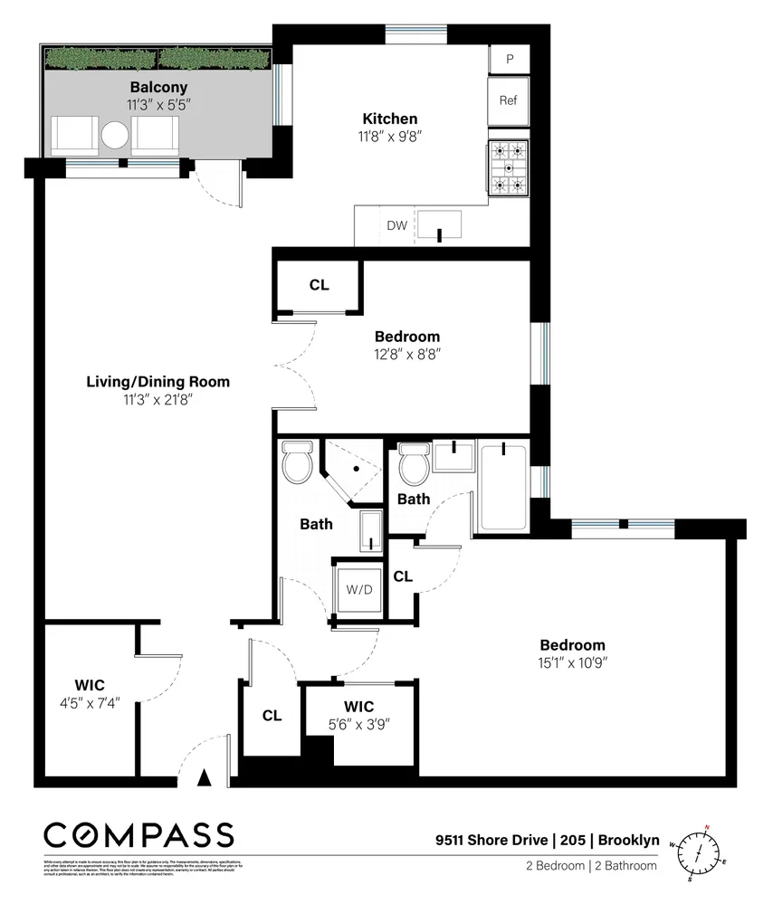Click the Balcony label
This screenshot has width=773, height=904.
pos(158,88)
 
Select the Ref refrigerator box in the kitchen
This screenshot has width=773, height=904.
pos(508,100)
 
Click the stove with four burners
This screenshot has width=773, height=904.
pos(508,168)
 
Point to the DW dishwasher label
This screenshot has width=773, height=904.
pos(396,226)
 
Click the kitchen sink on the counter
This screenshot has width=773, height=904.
pos(439,224)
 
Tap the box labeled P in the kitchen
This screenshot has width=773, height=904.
pos(510,59)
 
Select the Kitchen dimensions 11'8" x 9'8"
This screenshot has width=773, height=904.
pos(390,137)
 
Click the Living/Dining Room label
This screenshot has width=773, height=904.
pos(157,382)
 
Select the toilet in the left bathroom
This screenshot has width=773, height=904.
pos(296,463)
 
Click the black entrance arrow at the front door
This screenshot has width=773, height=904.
pos(205,775)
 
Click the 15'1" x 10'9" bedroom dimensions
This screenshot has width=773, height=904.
pos(572,662)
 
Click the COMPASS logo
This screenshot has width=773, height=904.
pos(138,834)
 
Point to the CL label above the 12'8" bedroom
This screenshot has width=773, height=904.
pos(319,285)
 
